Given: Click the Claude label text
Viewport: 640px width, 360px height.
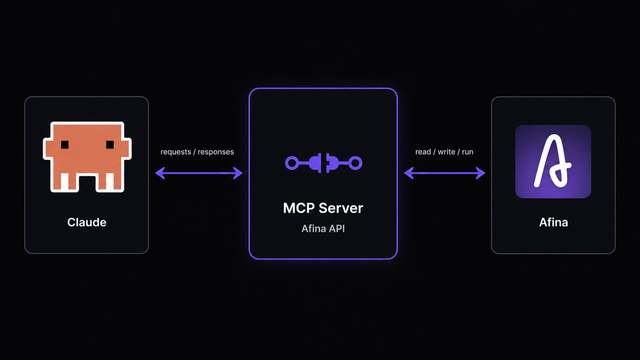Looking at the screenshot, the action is (x=87, y=222).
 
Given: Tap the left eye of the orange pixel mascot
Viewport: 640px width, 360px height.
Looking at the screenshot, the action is (x=65, y=145).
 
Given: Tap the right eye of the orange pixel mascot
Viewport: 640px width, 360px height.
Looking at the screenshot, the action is (x=110, y=145).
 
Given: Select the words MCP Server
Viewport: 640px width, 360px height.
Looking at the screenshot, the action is (x=323, y=208).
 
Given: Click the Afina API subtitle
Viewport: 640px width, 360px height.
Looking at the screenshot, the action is (x=323, y=229).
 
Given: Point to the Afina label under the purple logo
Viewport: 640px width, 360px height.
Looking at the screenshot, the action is (x=553, y=222).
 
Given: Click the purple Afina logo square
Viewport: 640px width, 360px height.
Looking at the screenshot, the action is (x=553, y=161).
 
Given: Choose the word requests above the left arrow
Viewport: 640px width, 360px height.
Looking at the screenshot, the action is (x=176, y=152).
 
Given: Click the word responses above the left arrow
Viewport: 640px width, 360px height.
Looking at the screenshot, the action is (x=216, y=152).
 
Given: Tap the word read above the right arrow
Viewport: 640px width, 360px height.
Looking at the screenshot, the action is (x=423, y=151).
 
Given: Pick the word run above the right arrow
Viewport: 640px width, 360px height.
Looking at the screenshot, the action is (x=467, y=151).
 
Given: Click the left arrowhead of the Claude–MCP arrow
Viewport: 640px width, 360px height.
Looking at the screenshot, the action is (x=160, y=173).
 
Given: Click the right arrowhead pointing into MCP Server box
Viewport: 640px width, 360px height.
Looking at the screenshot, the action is (x=238, y=173).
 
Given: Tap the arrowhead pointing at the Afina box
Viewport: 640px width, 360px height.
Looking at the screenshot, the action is (x=480, y=173).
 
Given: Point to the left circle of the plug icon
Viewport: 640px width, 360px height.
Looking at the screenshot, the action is (x=292, y=163).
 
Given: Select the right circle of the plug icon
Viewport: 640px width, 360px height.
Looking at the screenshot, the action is (x=356, y=163).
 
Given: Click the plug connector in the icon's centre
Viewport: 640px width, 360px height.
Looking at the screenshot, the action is (x=324, y=163).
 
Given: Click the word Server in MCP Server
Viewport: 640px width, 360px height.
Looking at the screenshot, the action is (x=341, y=208).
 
